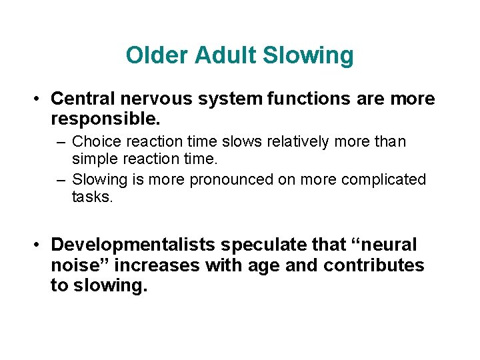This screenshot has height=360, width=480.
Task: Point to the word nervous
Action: click(154, 99)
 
